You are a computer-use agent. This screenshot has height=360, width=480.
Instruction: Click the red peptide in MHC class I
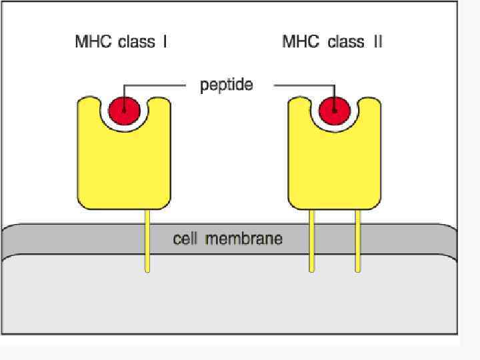124,109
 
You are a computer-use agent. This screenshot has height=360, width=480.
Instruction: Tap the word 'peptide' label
227,85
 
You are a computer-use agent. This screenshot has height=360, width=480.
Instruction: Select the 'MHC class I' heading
121,42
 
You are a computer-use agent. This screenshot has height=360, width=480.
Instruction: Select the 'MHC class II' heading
332,42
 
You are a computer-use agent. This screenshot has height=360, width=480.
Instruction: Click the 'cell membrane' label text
227,238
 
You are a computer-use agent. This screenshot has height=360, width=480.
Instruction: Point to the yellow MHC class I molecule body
124,167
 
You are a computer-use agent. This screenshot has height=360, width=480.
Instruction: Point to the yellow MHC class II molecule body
335,167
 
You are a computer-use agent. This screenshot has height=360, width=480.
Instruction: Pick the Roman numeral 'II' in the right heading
377,42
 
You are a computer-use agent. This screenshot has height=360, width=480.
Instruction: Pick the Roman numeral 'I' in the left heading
164,42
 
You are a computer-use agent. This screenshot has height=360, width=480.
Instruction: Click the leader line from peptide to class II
300,85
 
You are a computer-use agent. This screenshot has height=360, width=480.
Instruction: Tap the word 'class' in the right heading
346,42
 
